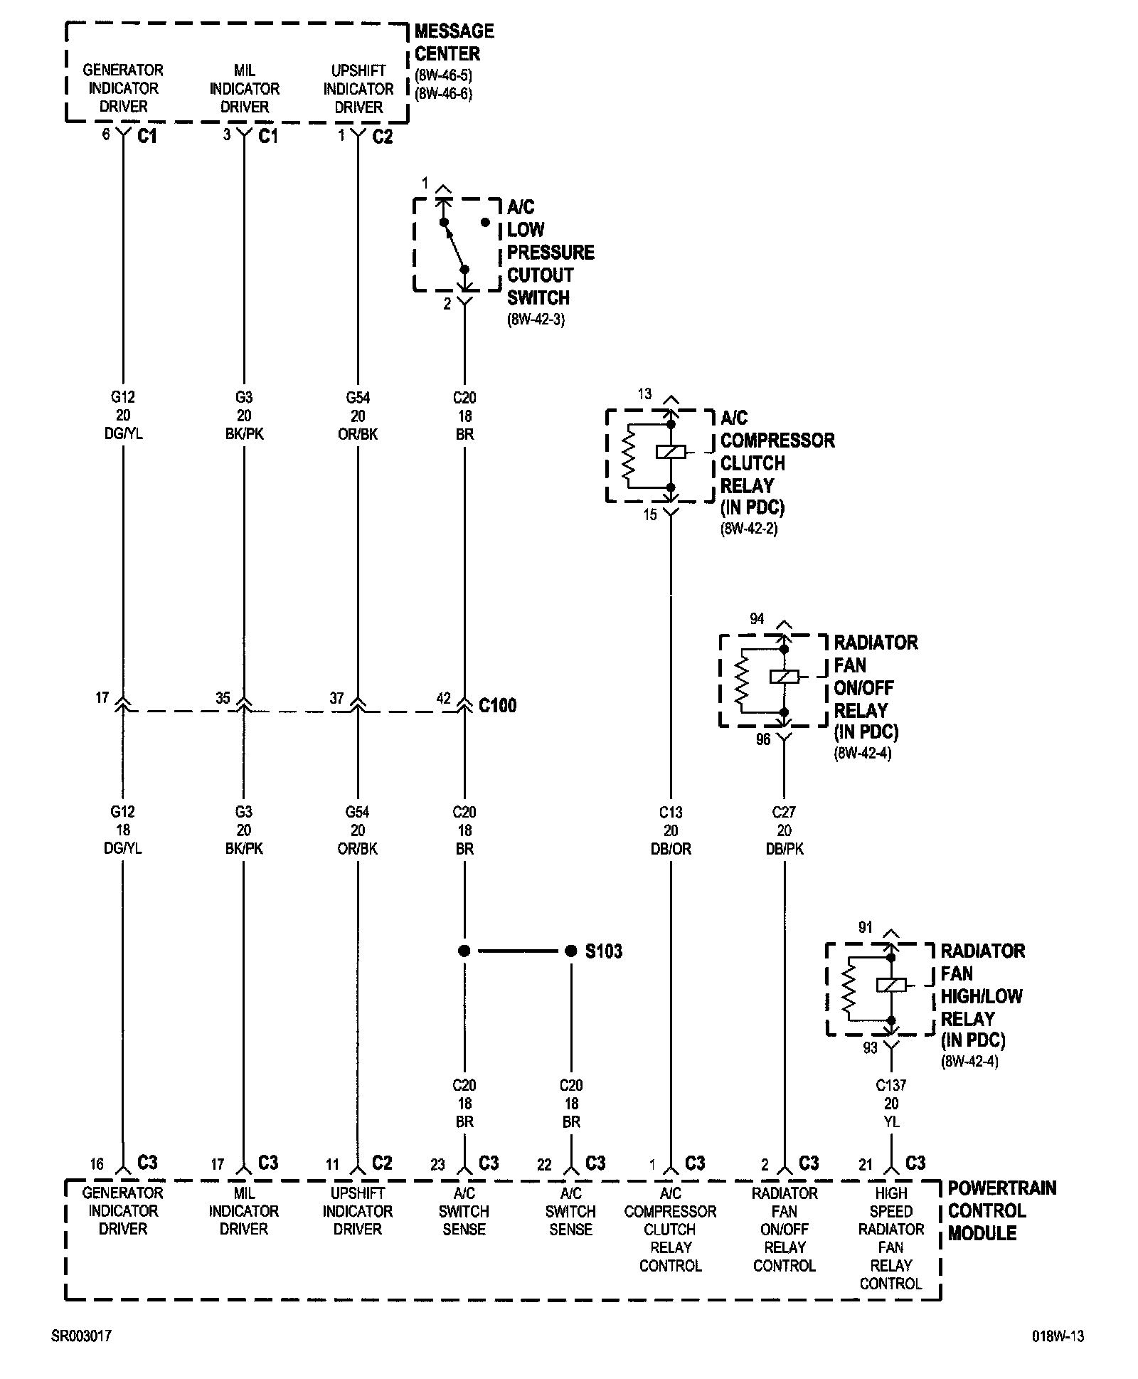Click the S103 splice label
click(x=603, y=951)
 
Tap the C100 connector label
click(x=497, y=705)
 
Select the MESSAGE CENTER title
click(x=453, y=42)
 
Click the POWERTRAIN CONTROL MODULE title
click(x=1001, y=1210)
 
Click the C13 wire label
click(x=670, y=812)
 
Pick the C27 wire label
click(x=784, y=812)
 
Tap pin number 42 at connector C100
click(x=443, y=698)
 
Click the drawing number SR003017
click(x=81, y=1336)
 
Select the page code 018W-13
click(x=1058, y=1336)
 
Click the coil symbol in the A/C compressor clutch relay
click(x=670, y=451)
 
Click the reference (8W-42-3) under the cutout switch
click(x=536, y=319)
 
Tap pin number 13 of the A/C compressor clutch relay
click(x=644, y=393)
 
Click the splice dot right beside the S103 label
click(x=570, y=951)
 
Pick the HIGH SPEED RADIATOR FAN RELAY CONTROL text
click(x=890, y=1238)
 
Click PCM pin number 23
click(x=437, y=1165)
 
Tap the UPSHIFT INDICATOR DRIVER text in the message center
click(x=358, y=89)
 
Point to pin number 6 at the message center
click(x=106, y=134)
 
